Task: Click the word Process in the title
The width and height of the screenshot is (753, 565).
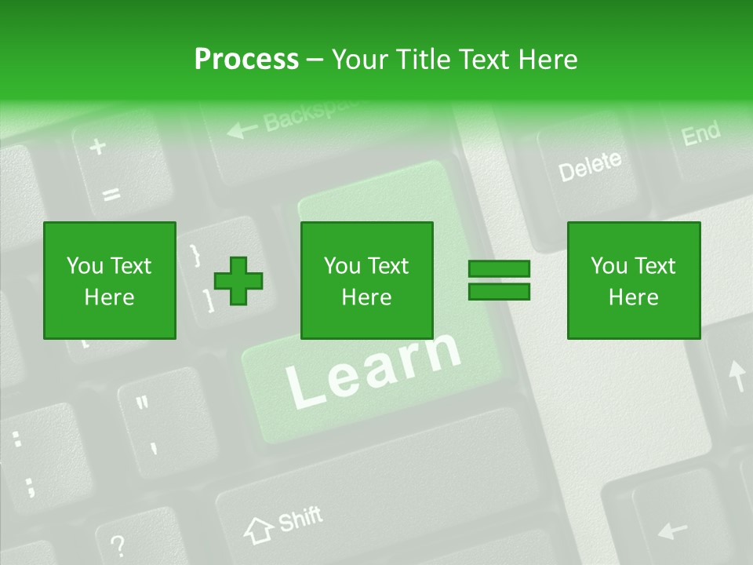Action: tap(246, 60)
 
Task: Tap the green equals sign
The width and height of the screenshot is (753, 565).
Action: tap(499, 280)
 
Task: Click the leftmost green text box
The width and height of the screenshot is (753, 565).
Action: tap(110, 280)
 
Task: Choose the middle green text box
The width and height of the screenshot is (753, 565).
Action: tap(367, 280)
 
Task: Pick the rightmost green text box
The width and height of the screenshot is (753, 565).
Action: tap(634, 280)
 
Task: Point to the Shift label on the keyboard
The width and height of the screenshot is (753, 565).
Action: tap(300, 519)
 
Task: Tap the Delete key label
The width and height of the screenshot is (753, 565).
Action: tap(590, 166)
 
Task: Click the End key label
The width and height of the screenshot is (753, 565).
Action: tap(700, 133)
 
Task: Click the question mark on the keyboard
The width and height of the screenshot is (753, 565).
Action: tap(117, 544)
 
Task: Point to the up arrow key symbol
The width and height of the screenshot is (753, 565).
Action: tap(737, 376)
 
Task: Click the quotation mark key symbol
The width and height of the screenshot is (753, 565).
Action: tap(142, 405)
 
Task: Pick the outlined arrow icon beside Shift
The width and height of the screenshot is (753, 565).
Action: tap(257, 530)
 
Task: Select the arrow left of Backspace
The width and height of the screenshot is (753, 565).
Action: tap(242, 127)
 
